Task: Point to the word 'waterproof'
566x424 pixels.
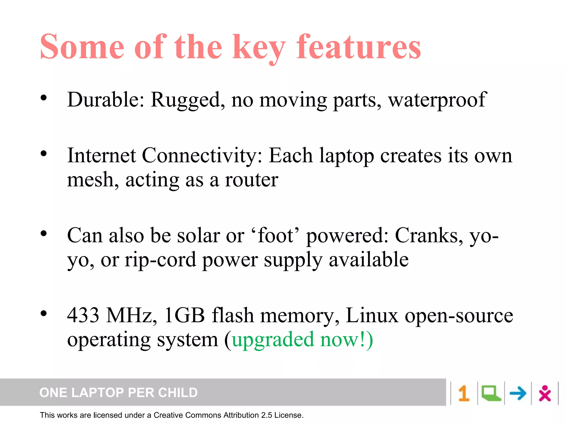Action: tap(437, 100)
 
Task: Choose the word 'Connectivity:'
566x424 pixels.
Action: tap(202, 156)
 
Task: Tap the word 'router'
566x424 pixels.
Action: tap(251, 180)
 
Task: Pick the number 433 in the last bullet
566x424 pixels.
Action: tap(83, 315)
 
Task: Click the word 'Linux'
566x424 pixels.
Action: tap(372, 315)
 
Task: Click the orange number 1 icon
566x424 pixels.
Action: tap(464, 393)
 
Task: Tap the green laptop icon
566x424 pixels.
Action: tap(491, 393)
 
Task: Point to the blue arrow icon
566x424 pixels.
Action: tap(518, 393)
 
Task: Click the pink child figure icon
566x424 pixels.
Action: tap(545, 393)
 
